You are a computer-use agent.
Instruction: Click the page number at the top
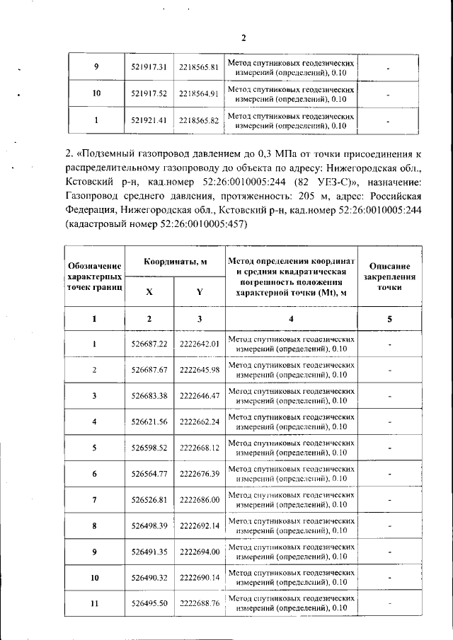tap(243, 38)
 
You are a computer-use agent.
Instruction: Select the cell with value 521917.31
tap(149, 67)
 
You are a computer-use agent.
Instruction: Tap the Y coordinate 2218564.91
tap(198, 93)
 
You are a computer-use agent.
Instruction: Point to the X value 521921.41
tap(149, 120)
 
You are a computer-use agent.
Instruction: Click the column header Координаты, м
tap(175, 262)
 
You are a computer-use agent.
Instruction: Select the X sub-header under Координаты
tap(149, 291)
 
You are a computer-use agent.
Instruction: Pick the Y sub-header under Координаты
tap(199, 291)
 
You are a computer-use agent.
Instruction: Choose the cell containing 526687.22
tap(149, 344)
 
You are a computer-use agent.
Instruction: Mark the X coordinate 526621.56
tap(149, 422)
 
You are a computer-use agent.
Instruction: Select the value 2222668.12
tap(200, 448)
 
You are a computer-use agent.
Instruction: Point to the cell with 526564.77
tap(149, 473)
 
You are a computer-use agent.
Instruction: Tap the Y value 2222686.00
tap(200, 500)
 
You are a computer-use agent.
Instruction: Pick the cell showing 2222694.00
tap(200, 552)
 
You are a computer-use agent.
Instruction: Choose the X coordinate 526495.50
tap(149, 603)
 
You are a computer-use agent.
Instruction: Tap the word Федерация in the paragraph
tap(89, 209)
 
